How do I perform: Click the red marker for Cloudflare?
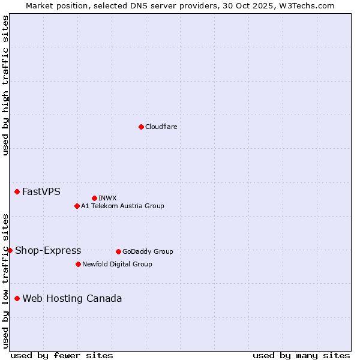[x=141, y=127]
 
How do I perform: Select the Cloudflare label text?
[x=161, y=127]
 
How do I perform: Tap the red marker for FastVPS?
[x=17, y=191]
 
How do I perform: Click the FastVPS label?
[x=41, y=192]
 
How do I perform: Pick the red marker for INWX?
[x=94, y=198]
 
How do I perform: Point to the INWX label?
[x=107, y=198]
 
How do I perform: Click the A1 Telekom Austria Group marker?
[x=77, y=206]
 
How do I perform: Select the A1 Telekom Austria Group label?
[x=122, y=206]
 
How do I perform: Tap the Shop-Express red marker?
[x=10, y=250]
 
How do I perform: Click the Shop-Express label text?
[x=48, y=251]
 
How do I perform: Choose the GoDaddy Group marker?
[x=118, y=251]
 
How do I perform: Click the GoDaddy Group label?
[x=148, y=251]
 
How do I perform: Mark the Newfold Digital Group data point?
[x=78, y=264]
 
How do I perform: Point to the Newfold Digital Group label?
[x=117, y=264]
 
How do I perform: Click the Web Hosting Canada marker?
[x=17, y=298]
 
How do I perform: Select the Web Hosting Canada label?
[x=72, y=299]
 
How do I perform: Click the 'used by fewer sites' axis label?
[x=62, y=355]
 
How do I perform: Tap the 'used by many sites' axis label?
[x=301, y=355]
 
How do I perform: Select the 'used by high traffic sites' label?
[x=5, y=85]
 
